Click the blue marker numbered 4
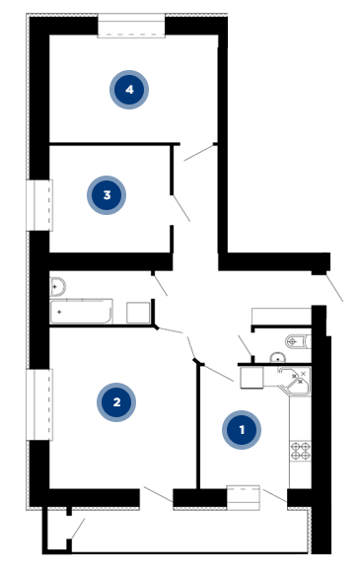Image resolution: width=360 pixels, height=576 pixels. (129, 90)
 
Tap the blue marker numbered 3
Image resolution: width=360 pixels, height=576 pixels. (107, 195)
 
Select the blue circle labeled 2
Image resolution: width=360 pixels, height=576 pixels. (116, 402)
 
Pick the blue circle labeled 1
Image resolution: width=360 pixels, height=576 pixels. (242, 430)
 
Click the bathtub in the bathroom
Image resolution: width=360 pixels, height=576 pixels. (81, 312)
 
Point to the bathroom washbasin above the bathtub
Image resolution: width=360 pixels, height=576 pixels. (57, 286)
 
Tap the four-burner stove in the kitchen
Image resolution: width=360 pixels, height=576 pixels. (301, 451)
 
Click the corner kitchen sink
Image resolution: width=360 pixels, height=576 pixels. (295, 380)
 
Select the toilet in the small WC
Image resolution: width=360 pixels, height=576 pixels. (298, 341)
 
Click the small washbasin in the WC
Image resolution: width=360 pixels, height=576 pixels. (278, 357)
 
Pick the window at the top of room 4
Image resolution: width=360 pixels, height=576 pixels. (131, 26)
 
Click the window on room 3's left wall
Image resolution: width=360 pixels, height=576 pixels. (39, 205)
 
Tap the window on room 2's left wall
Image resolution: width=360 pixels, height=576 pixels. (39, 404)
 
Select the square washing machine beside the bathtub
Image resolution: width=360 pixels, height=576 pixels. (138, 313)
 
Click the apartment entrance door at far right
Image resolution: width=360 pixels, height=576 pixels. (334, 288)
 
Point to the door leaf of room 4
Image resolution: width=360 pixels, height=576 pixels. (198, 153)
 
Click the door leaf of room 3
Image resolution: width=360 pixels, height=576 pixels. (181, 208)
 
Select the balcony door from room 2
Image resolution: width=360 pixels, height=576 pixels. (159, 494)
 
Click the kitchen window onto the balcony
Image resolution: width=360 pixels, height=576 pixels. (244, 498)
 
